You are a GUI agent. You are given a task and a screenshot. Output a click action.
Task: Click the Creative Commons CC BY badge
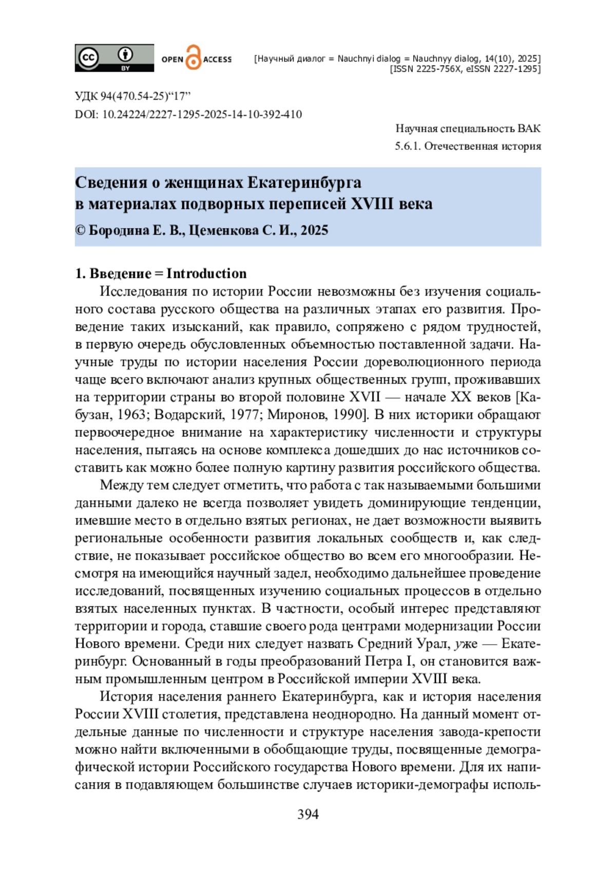click(x=114, y=57)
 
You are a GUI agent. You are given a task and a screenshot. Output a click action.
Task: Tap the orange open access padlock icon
click(x=193, y=57)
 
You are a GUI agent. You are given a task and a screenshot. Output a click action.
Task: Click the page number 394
click(x=308, y=814)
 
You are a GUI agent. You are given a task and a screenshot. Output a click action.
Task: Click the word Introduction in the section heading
click(x=206, y=273)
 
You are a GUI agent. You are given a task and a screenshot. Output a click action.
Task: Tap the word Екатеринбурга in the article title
click(x=304, y=182)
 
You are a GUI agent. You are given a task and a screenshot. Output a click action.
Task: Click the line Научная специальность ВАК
click(x=468, y=128)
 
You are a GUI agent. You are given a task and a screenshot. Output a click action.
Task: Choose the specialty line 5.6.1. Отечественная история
click(x=468, y=146)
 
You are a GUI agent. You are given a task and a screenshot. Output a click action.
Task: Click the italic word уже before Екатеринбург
click(x=466, y=643)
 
